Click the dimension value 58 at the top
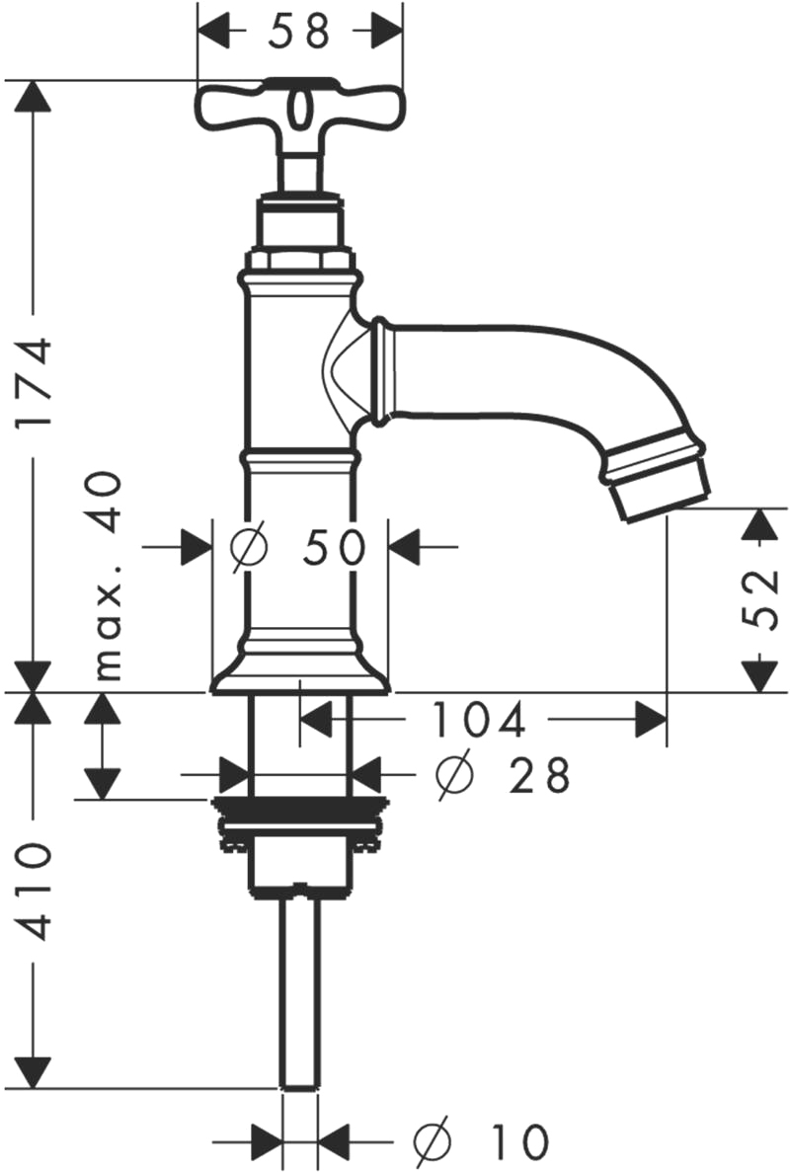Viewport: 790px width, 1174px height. [299, 32]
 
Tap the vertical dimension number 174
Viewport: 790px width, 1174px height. [35, 382]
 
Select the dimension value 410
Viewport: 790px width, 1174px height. [35, 892]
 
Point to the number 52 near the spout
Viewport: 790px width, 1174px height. [760, 599]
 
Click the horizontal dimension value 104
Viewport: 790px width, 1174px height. [479, 720]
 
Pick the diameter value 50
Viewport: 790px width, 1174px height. [334, 547]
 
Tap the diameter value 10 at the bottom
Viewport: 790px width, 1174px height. [519, 1141]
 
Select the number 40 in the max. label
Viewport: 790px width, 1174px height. [104, 502]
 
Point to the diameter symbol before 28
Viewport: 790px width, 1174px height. [454, 775]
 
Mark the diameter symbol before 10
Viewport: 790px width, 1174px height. [433, 1141]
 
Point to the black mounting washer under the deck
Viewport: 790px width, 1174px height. [299, 810]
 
